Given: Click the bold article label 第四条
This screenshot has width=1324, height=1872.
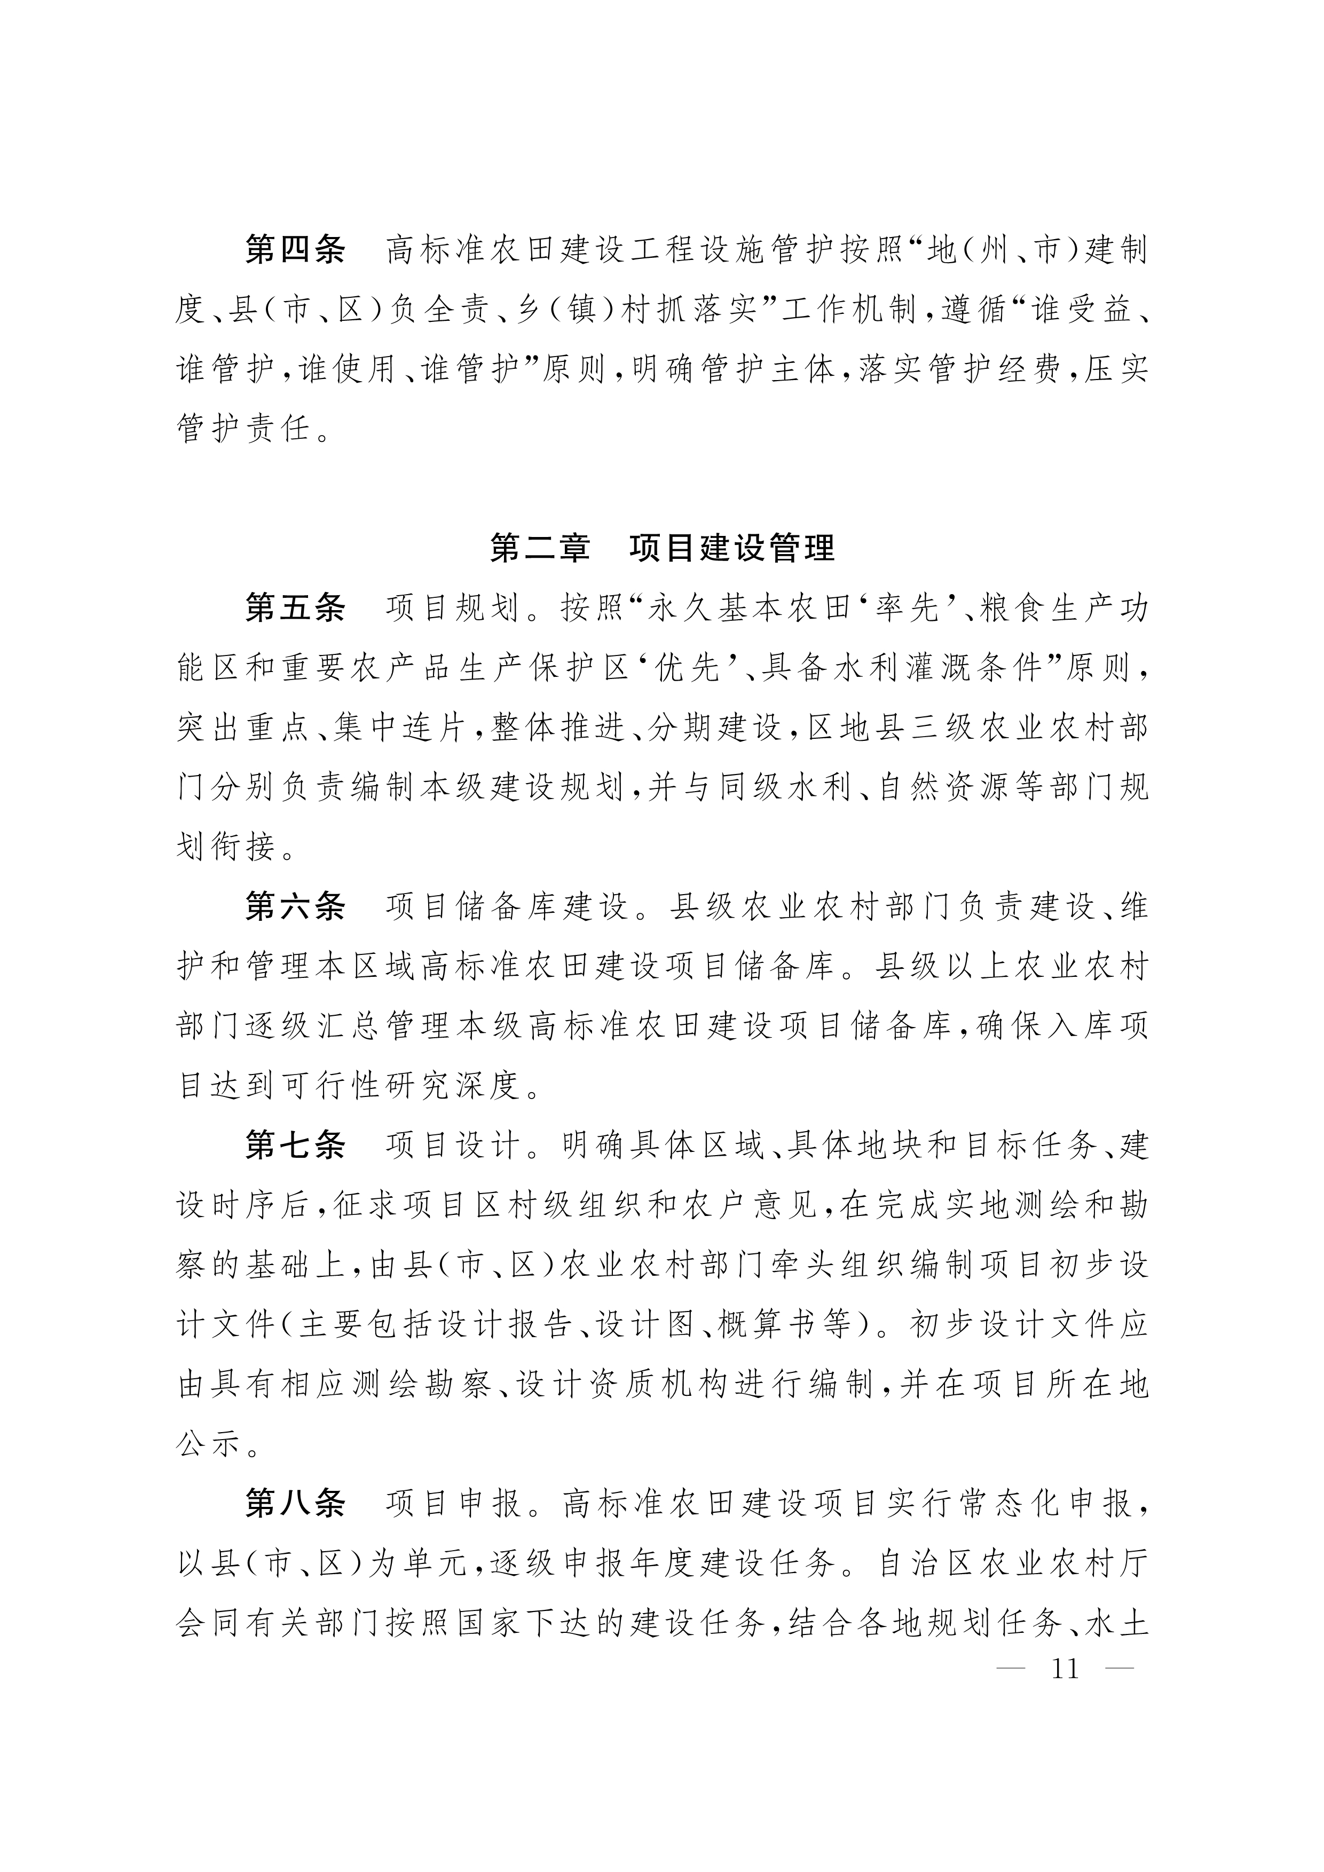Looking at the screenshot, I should click(x=295, y=249).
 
